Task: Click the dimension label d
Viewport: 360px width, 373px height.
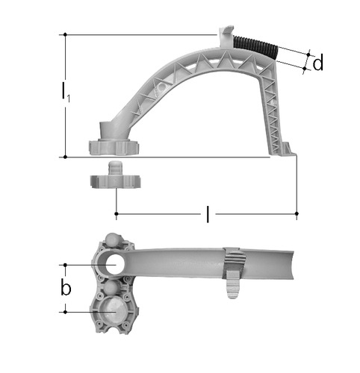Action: [318, 63]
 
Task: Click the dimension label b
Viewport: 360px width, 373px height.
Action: [66, 288]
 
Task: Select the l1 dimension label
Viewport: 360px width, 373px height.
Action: [66, 93]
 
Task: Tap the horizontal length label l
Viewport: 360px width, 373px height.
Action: [208, 213]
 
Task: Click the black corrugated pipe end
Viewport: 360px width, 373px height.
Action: [255, 48]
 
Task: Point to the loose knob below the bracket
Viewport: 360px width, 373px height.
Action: [115, 175]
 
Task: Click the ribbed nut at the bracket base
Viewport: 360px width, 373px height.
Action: [114, 147]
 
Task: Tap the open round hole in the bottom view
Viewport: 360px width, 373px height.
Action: [114, 265]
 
